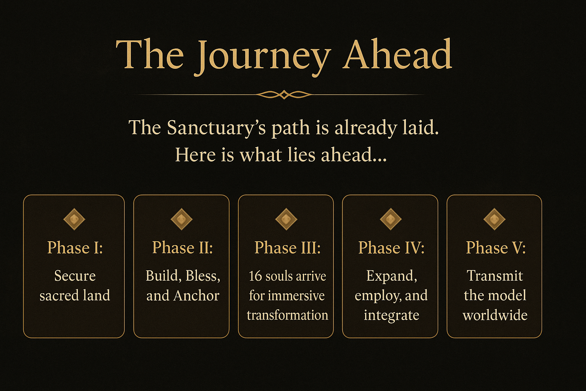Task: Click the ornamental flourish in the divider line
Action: coord(284,95)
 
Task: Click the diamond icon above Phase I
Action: coord(74,219)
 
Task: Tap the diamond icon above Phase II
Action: coord(182,219)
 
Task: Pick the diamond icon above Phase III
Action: coord(286,219)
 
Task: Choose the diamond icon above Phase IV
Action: coord(391,219)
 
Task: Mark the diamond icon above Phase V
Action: coord(494,219)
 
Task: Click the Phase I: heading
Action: coord(75,247)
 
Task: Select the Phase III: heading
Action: coord(288,247)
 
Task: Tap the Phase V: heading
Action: coord(496,247)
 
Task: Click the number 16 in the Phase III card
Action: coord(255,276)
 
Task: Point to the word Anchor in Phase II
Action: coord(196,296)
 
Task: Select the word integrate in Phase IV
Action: coord(391,315)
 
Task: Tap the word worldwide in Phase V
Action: coord(495,315)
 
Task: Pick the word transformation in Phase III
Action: coord(287,315)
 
